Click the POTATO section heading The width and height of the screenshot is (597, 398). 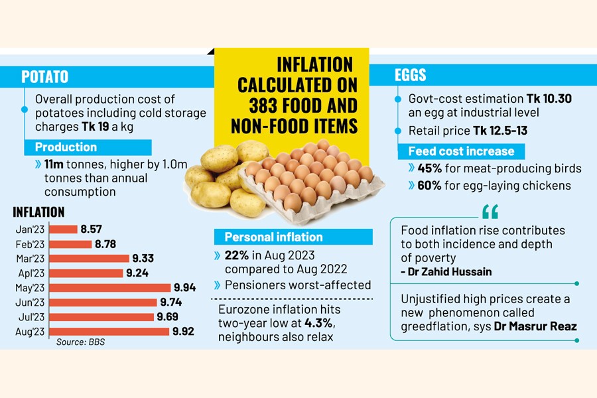pos(44,76)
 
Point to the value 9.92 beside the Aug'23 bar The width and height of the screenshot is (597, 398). pos(182,332)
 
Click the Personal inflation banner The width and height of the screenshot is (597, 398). pos(273,237)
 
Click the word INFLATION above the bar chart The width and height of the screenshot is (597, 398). pos(38,212)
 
